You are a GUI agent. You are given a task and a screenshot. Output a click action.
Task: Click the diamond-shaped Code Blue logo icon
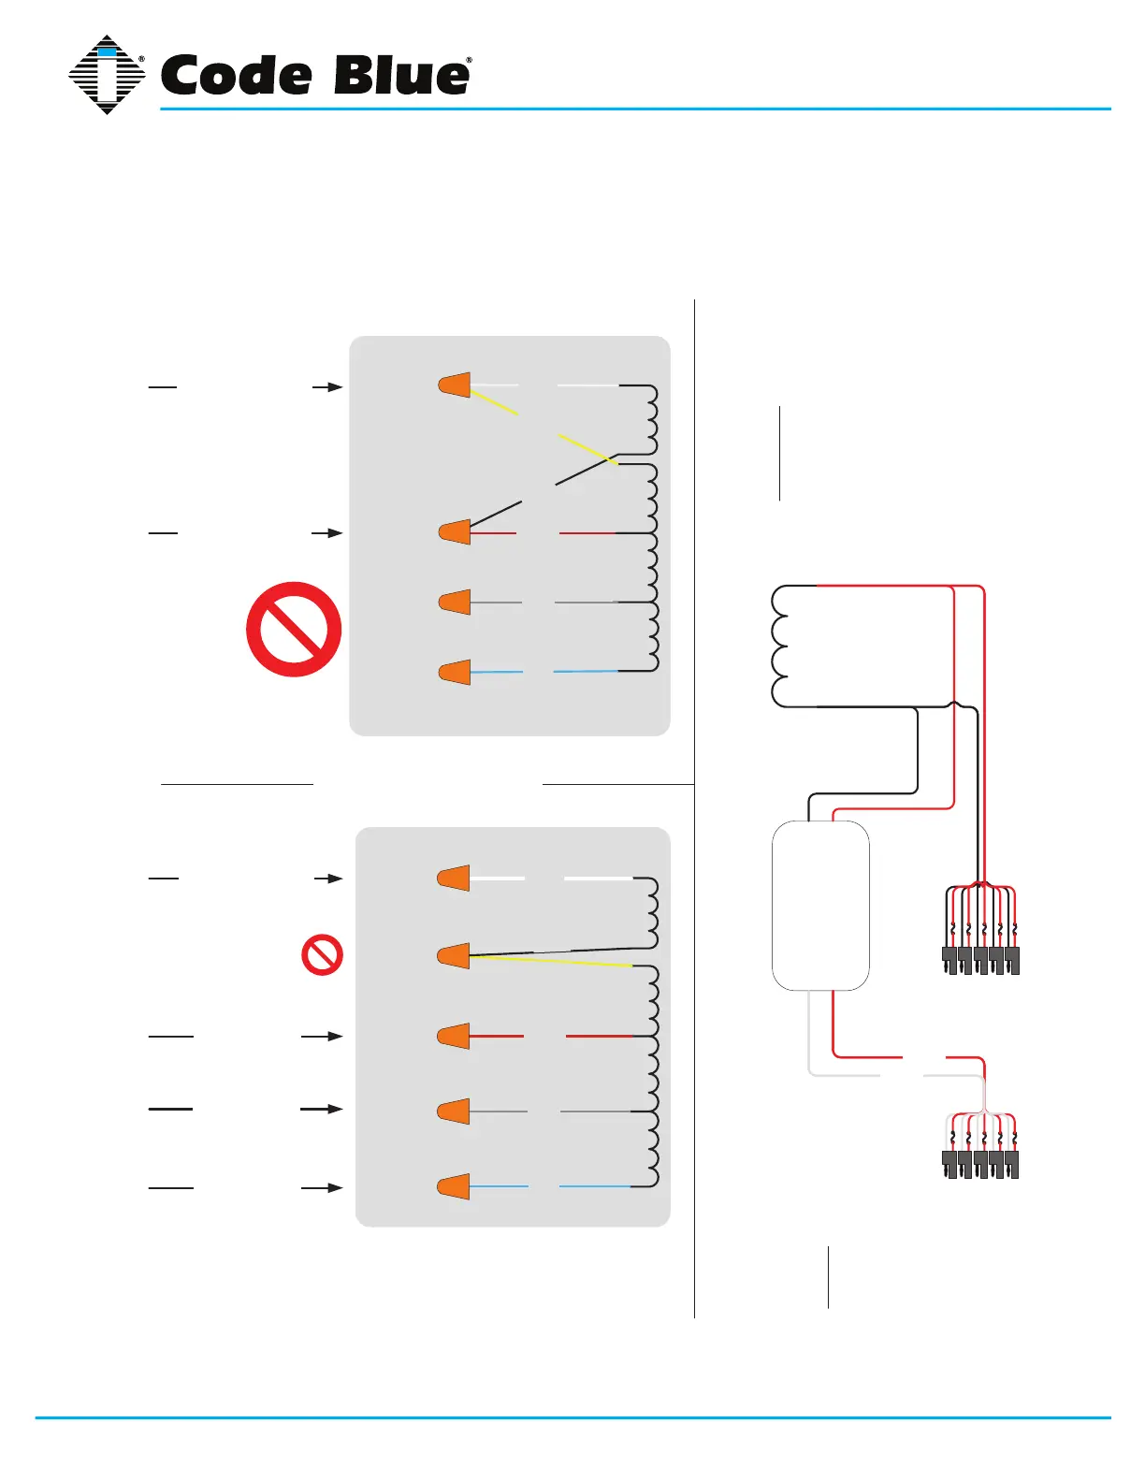coord(107,75)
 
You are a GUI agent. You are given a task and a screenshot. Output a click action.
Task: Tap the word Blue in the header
coord(401,76)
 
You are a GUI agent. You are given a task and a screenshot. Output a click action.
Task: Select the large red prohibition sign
coord(294,629)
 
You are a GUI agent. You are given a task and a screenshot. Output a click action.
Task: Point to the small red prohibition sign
coord(322,954)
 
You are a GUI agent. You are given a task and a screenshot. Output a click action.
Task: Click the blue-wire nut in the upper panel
coord(455,672)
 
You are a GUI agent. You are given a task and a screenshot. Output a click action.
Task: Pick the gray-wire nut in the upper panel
coord(455,602)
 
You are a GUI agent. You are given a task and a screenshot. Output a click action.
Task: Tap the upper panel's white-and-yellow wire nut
coord(455,385)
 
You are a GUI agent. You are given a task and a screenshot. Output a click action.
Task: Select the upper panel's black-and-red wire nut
coord(455,532)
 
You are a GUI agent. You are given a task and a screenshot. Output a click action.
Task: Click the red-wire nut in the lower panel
coord(454,1037)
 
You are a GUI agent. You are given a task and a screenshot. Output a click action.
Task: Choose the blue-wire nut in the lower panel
coord(454,1186)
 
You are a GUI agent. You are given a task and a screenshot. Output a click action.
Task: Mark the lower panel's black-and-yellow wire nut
coord(454,956)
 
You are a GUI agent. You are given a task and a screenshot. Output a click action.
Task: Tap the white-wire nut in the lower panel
coord(454,879)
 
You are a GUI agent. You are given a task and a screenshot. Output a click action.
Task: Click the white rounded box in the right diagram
coord(820,905)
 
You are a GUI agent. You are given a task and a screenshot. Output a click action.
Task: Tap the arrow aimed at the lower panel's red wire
coord(322,1037)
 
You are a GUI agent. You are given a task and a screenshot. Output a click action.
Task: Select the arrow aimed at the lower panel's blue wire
coord(322,1187)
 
